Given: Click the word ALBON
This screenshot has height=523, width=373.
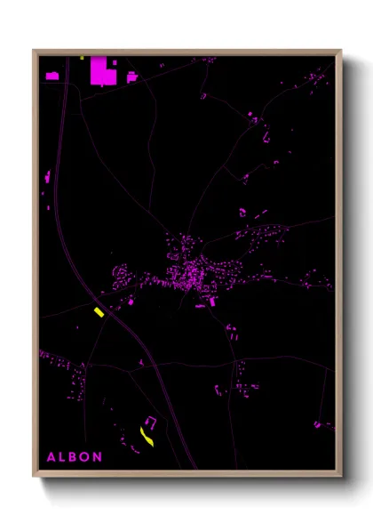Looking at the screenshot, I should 74,456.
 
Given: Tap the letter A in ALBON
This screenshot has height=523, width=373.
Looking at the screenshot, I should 50,456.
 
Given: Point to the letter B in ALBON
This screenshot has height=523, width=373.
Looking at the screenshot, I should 74,456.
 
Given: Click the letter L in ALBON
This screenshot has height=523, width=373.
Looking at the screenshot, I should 62,456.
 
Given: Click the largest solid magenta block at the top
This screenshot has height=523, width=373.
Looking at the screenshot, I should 103,71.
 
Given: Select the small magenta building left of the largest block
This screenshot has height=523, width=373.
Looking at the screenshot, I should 52,76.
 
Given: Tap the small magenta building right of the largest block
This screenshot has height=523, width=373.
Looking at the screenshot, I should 131,77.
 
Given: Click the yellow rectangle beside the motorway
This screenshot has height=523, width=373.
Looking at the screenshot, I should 99,311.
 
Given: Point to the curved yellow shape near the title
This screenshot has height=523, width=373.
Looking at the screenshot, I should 147,435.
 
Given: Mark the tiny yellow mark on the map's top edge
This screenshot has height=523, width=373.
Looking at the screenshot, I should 82,58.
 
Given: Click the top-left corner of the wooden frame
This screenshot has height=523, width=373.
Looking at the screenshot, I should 34,51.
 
